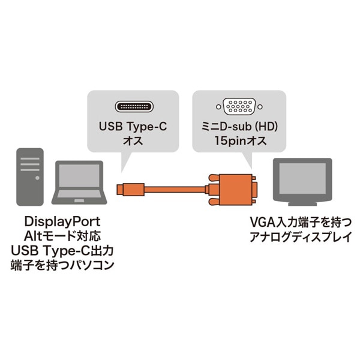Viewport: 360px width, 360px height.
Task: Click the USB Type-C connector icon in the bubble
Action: tap(133, 108)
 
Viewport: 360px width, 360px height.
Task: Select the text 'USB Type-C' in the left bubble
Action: tap(133, 127)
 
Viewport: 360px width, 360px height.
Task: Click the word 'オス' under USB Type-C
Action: tap(133, 142)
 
